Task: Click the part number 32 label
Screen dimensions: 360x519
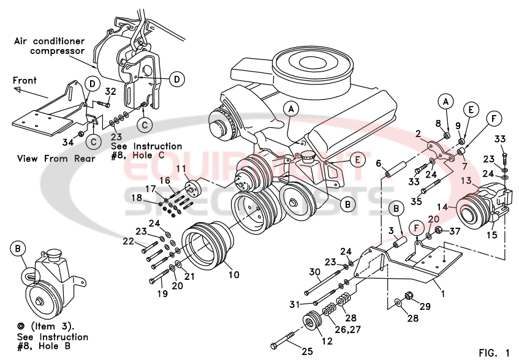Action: point(111,91)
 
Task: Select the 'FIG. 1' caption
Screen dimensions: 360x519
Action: point(494,352)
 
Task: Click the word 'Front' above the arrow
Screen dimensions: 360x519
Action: point(24,80)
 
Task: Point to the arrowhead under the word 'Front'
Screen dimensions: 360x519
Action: point(18,90)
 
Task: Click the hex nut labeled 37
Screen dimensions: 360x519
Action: point(438,231)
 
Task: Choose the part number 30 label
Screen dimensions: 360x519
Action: point(315,272)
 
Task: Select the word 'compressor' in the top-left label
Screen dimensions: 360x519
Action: point(56,51)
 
